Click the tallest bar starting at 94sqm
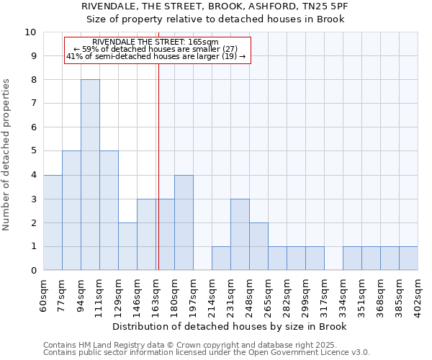pyautogui.click(x=90, y=175)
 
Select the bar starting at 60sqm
pyautogui.click(x=53, y=222)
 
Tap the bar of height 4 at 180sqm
pyautogui.click(x=184, y=222)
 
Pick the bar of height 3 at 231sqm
pyautogui.click(x=240, y=235)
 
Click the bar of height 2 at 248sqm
pyautogui.click(x=258, y=246)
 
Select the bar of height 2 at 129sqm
pyautogui.click(x=127, y=246)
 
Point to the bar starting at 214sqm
pyautogui.click(x=221, y=258)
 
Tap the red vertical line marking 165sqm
pyautogui.click(x=158, y=180)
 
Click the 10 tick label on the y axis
pyautogui.click(x=30, y=32)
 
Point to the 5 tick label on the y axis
pyautogui.click(x=33, y=151)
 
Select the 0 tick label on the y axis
pyautogui.click(x=33, y=271)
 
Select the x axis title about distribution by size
pyautogui.click(x=230, y=327)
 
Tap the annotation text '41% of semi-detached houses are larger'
pyautogui.click(x=156, y=56)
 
